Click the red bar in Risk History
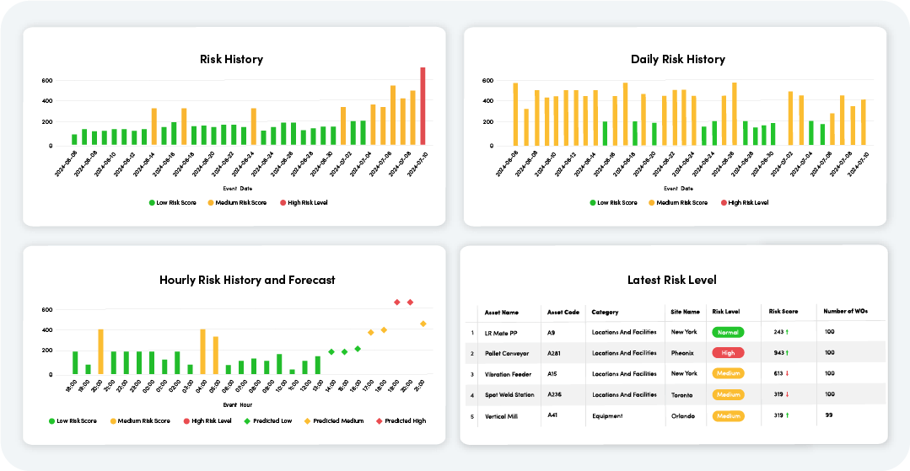coord(423,106)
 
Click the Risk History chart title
coord(231,59)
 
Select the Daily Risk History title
coord(677,59)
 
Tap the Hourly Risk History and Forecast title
coord(247,280)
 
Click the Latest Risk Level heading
coord(672,280)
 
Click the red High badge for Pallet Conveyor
coord(727,353)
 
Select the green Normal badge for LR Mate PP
coord(727,333)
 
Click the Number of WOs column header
coord(846,312)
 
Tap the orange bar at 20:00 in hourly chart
coord(100,351)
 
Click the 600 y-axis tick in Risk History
coord(47,81)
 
